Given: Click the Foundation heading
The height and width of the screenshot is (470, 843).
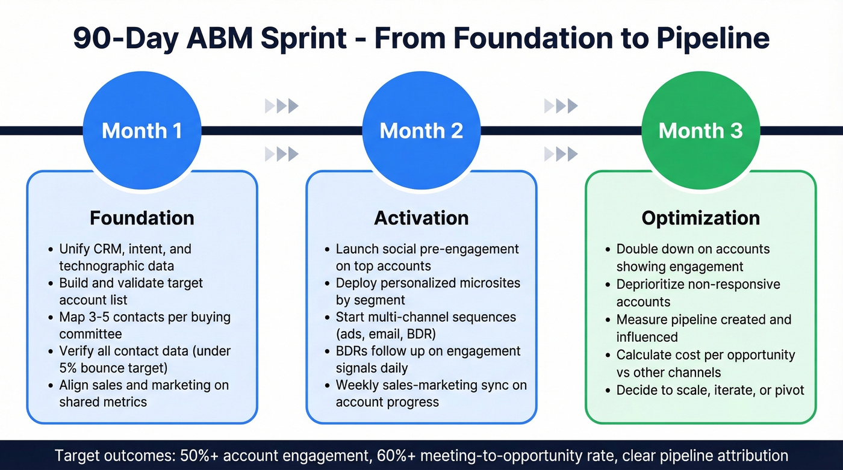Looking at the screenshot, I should [x=142, y=218].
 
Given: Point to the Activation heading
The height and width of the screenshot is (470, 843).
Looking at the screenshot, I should [x=421, y=218].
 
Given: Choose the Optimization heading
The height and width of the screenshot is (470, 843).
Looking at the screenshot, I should [x=700, y=218].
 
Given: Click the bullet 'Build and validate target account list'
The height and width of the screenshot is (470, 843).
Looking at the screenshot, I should [x=131, y=291].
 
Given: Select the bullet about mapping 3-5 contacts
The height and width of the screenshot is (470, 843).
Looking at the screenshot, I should [x=145, y=325].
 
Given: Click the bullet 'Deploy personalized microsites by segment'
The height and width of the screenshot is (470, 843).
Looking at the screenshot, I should [x=428, y=291].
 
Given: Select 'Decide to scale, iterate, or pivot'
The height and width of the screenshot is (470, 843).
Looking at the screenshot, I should [x=710, y=390].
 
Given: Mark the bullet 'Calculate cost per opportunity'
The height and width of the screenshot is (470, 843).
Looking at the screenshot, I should [x=705, y=363].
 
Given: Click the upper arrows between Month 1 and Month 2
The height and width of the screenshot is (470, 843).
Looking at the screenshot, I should [x=281, y=107].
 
